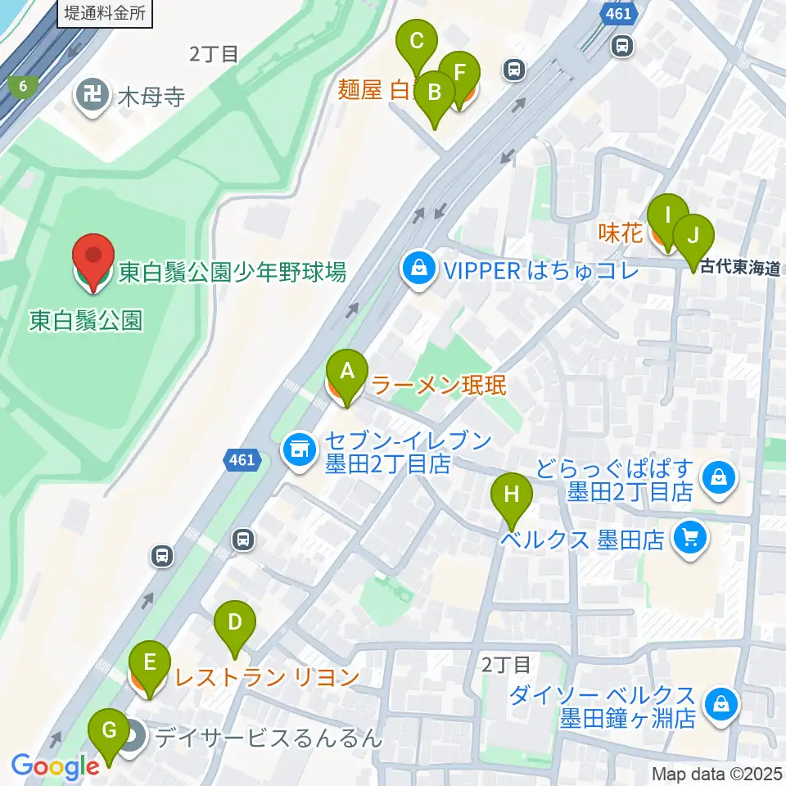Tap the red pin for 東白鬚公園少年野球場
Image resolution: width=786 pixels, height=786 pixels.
coord(93,261)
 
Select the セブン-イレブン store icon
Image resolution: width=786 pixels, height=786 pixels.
coord(299,449)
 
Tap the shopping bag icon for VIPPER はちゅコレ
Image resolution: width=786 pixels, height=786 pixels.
coord(418,269)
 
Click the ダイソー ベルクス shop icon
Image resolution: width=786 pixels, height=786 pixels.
coord(721,703)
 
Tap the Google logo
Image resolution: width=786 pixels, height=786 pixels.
coord(55,766)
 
